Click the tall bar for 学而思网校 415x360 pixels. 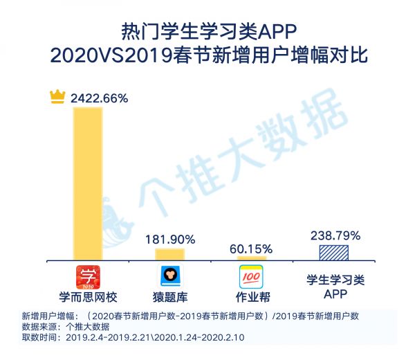point(87,183)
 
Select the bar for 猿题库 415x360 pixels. point(169,254)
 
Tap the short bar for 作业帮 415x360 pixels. point(252,258)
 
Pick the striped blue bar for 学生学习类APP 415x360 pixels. point(334,252)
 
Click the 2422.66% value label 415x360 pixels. point(99,98)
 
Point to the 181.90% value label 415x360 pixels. point(170,239)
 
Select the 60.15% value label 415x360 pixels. point(252,249)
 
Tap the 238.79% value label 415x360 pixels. point(334,235)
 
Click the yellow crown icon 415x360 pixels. point(57,98)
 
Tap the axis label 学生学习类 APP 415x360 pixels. point(335,287)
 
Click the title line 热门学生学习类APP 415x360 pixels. point(207,31)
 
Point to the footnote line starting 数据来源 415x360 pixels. point(65,326)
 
